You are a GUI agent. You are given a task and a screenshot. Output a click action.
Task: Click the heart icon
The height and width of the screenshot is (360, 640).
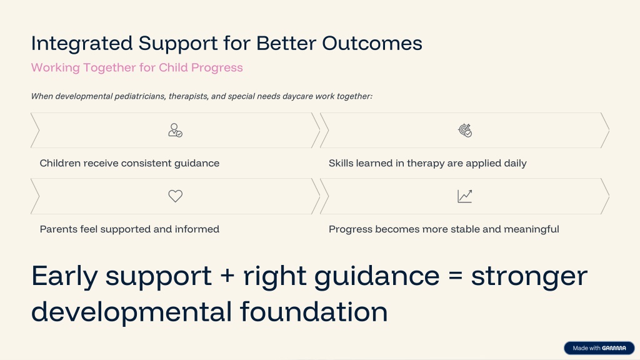[176, 196]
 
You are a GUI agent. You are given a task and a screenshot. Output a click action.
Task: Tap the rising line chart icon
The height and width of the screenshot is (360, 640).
[464, 196]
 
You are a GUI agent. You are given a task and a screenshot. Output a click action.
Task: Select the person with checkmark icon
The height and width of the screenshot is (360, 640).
[176, 130]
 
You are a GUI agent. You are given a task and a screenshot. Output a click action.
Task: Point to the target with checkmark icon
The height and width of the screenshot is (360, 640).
[464, 130]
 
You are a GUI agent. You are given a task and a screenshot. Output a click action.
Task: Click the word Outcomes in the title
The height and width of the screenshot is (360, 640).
[372, 43]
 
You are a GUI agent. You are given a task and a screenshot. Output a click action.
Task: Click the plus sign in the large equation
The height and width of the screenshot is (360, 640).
[227, 276]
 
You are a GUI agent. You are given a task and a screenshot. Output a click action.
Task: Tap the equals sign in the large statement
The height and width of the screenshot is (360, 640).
[455, 276]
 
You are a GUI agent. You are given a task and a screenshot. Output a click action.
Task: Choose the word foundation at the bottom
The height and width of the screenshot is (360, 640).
[314, 312]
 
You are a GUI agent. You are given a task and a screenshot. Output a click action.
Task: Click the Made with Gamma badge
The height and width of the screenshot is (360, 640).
[599, 348]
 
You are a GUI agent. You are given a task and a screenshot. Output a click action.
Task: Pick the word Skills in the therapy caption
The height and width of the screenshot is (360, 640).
[341, 163]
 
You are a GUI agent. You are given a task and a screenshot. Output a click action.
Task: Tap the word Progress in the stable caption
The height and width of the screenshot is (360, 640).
[350, 229]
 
